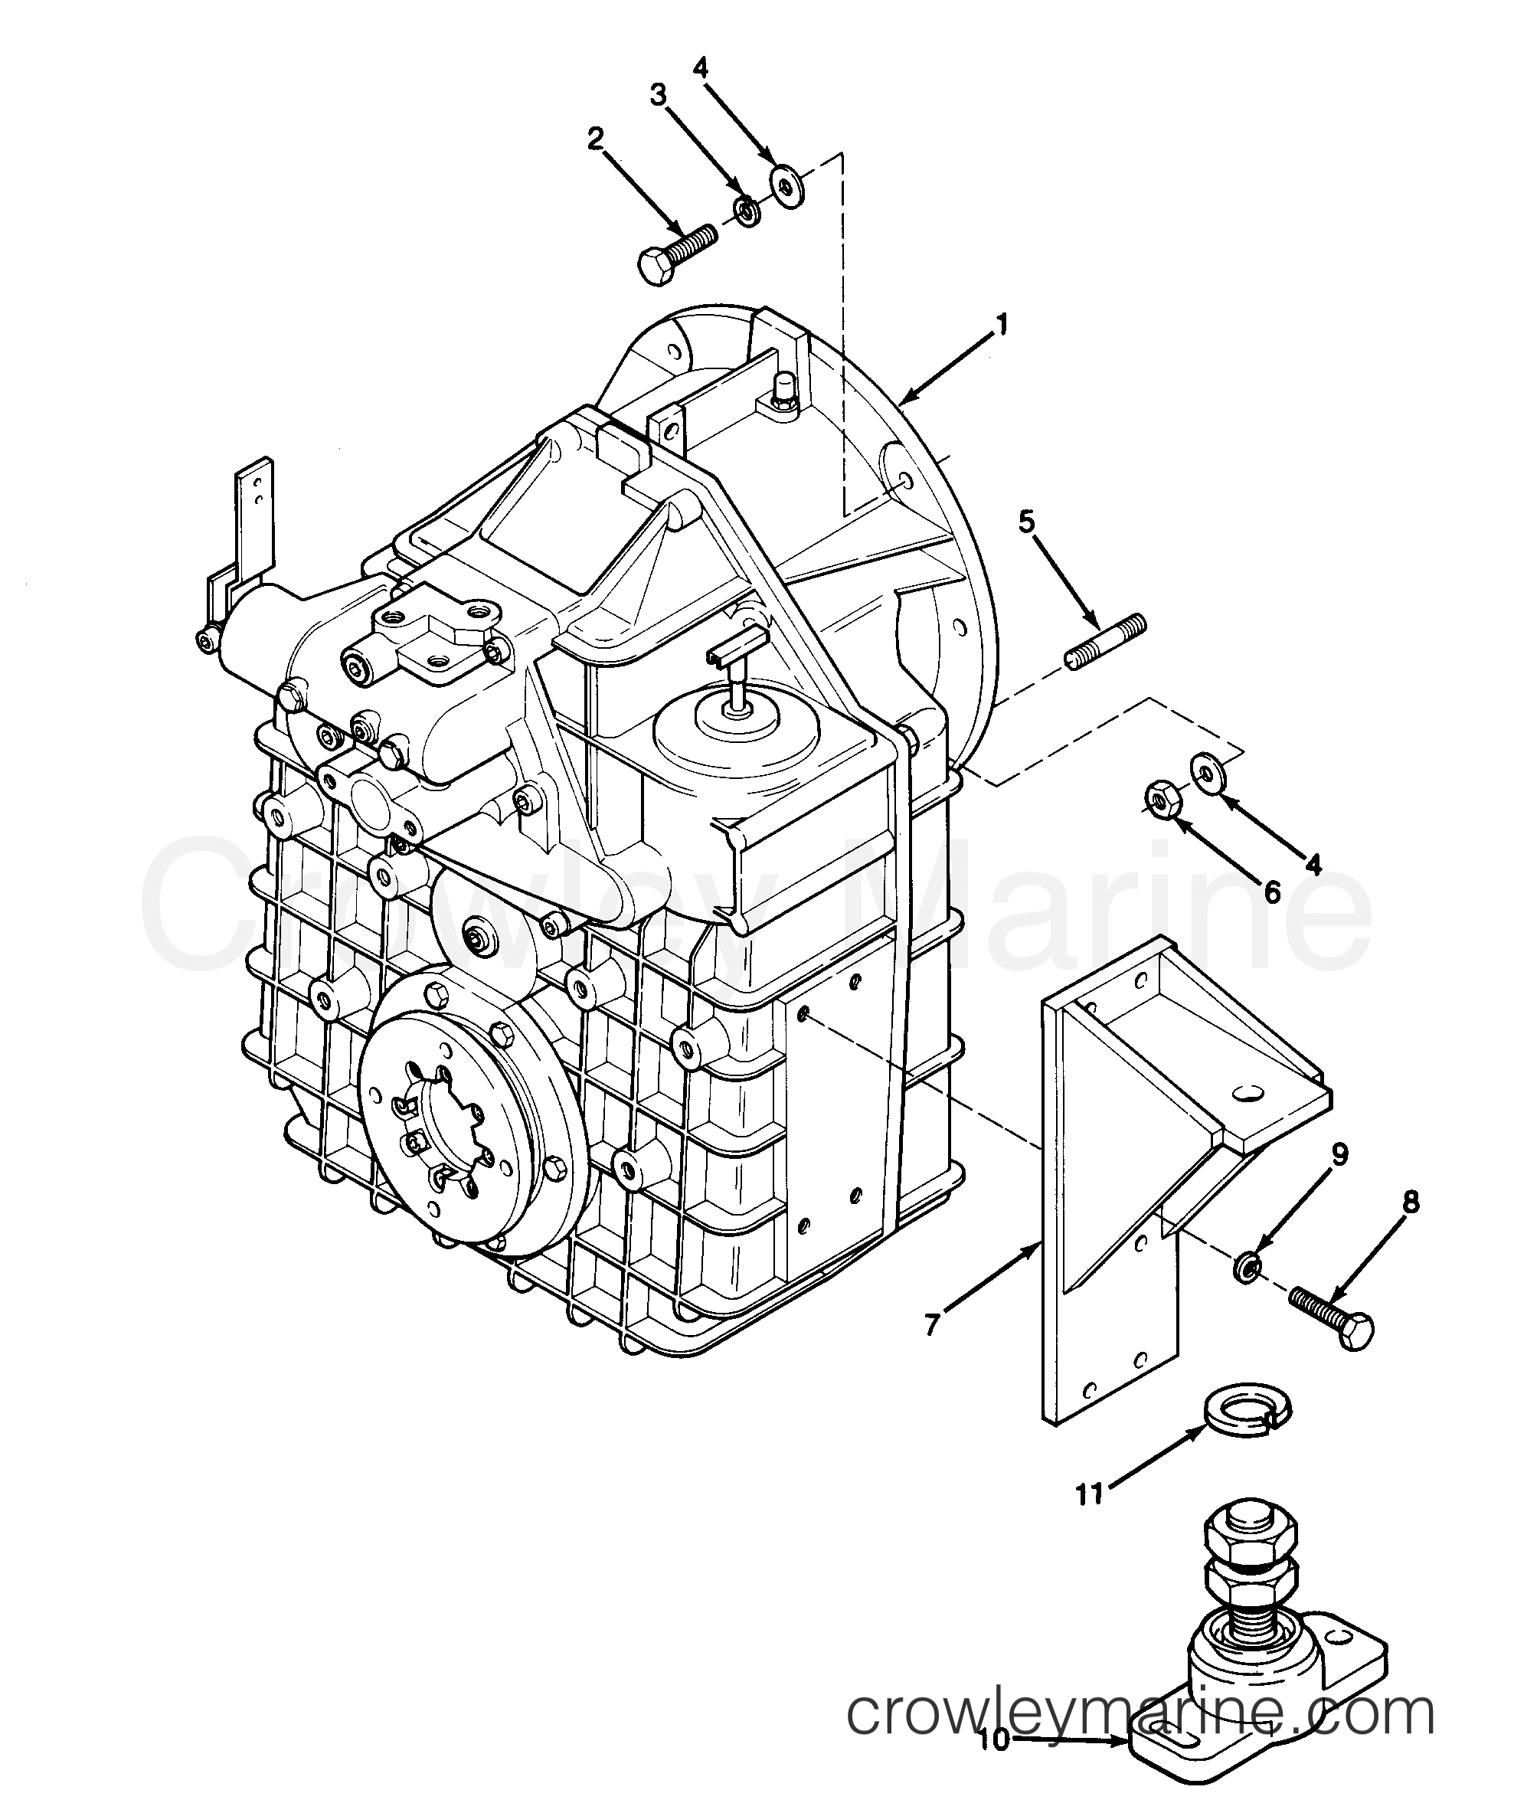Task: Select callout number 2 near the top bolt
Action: (595, 139)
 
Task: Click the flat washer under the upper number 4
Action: (785, 185)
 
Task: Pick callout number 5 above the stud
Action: (1028, 521)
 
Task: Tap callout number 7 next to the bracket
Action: (934, 1323)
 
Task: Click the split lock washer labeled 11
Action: (1251, 1417)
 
